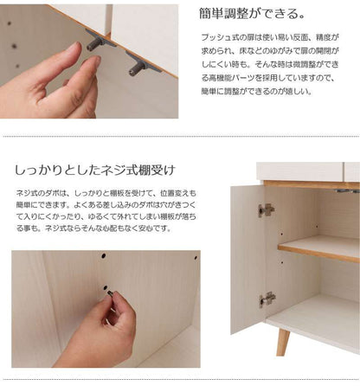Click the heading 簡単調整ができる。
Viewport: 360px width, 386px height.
coord(252,14)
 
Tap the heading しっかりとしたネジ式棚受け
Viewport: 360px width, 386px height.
coord(95,170)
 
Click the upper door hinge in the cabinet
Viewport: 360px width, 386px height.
coord(266,210)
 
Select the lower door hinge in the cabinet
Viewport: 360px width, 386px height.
coord(267,299)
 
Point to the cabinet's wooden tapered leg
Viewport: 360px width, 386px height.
coord(283,343)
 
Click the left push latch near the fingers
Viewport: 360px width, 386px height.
coord(98,42)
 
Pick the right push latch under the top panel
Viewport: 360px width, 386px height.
coord(143,65)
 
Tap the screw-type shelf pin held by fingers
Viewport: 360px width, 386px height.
coord(110,293)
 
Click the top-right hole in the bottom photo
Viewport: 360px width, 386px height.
coord(196,258)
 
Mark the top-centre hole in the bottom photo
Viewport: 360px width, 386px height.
coord(103,255)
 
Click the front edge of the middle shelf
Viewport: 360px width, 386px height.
coord(318,253)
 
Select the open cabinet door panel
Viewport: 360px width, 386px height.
coord(248,259)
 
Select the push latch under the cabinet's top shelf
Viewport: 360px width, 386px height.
coord(347,190)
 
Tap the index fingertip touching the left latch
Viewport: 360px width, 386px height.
coord(94,60)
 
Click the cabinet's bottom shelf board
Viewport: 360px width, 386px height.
coord(314,323)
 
